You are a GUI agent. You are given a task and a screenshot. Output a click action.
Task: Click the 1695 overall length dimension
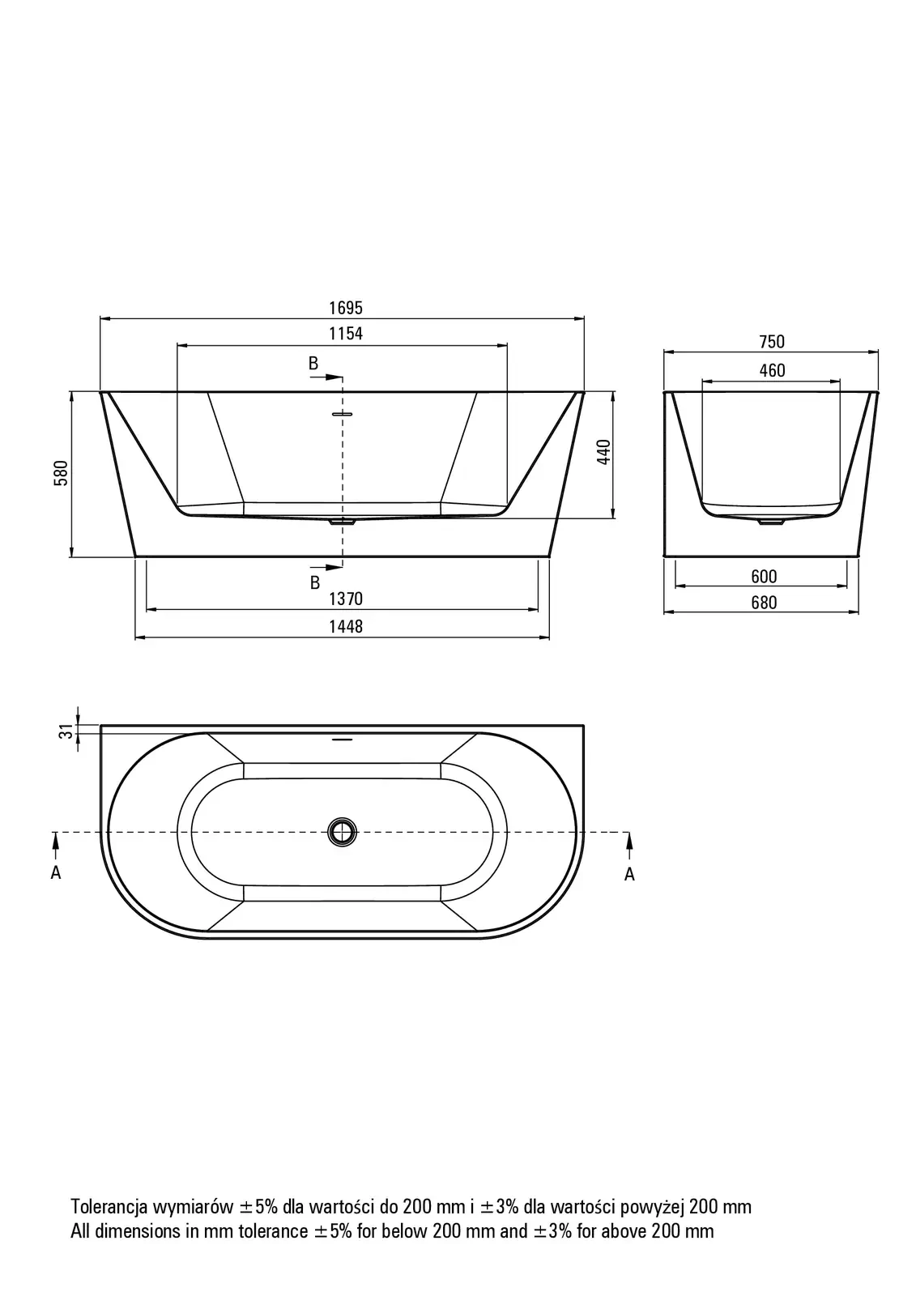click(x=346, y=308)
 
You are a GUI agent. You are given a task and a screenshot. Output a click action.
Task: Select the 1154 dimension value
click(x=346, y=334)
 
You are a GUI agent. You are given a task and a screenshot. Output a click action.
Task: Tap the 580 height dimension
click(x=61, y=473)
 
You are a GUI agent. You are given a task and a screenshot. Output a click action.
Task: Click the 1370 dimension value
click(x=346, y=599)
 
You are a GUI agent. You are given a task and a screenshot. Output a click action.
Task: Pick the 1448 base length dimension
click(x=346, y=626)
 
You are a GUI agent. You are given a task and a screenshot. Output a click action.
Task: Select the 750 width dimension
click(x=772, y=342)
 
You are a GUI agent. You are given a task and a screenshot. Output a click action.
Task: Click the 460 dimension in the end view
click(x=772, y=370)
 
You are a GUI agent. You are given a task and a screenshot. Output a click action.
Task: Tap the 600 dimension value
click(x=764, y=576)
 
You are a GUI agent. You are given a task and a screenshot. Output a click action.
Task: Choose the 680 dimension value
click(x=764, y=603)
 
